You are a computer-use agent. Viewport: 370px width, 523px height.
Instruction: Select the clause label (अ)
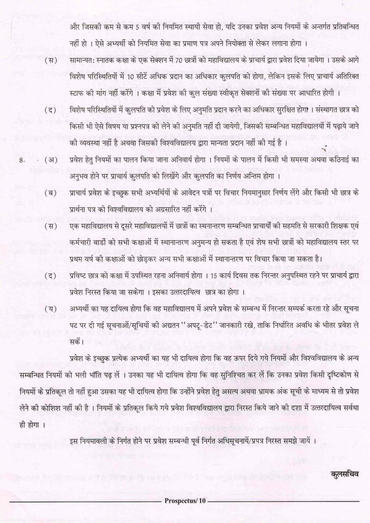pos(51,160)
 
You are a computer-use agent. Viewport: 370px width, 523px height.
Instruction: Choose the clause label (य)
pos(51,309)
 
